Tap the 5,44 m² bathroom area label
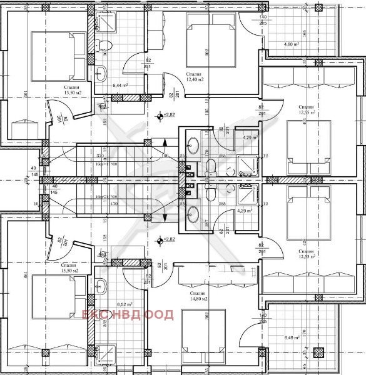click(120, 85)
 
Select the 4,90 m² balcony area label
click(292, 45)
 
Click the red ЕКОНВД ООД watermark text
click(121, 314)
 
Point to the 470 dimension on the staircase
click(114, 204)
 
